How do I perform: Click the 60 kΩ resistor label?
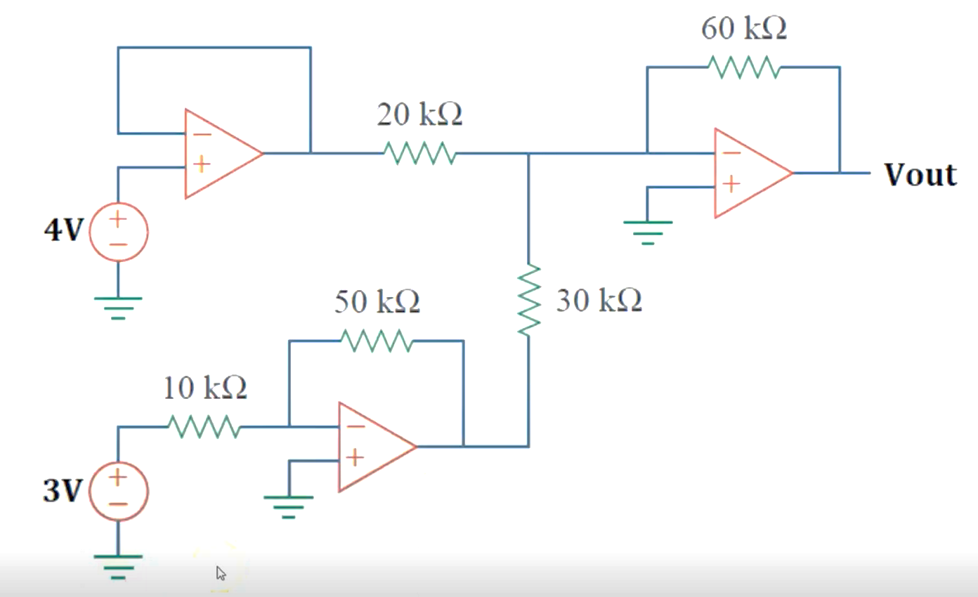coord(743,29)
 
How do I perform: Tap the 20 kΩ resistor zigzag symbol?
coord(419,152)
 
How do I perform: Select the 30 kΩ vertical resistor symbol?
coord(529,301)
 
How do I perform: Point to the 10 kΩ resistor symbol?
coord(204,426)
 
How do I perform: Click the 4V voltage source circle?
coord(118,232)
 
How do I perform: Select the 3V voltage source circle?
coord(118,490)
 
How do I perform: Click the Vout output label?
coord(920,174)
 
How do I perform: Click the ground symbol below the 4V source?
coord(118,306)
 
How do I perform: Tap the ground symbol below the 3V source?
coord(118,565)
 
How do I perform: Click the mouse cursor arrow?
coord(221,573)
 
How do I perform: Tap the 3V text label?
coord(63,490)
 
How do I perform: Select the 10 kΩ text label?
coord(205,388)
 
